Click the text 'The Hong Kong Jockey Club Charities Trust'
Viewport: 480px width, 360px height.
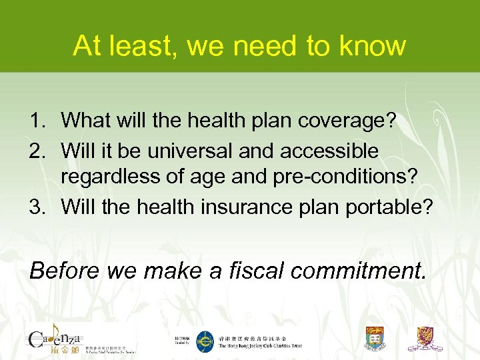[x=260, y=346]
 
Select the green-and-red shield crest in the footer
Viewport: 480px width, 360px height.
[x=375, y=339]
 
